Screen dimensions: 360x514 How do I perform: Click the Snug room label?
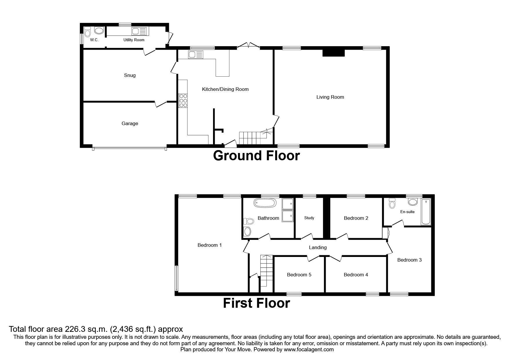tap(130, 75)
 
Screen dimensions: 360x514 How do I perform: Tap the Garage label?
tap(130, 124)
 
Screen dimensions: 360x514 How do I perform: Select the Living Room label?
tap(330, 97)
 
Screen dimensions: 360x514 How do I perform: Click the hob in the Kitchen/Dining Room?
tap(183, 100)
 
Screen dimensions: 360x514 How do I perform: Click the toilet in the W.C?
tap(88, 31)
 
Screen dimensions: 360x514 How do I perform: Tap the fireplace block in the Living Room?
tap(333, 53)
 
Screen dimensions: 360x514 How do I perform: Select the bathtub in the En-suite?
tap(426, 212)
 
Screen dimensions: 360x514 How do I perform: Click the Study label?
tap(309, 218)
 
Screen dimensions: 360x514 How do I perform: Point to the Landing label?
tap(318, 248)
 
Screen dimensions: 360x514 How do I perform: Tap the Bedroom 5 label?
tap(299, 275)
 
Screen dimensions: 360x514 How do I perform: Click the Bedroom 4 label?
tap(356, 275)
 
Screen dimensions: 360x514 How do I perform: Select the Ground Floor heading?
tap(256, 156)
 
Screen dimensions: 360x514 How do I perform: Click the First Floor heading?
tap(256, 303)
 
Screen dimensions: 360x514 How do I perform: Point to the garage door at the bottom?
tap(129, 149)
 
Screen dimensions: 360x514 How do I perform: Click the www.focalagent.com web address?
tap(309, 350)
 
